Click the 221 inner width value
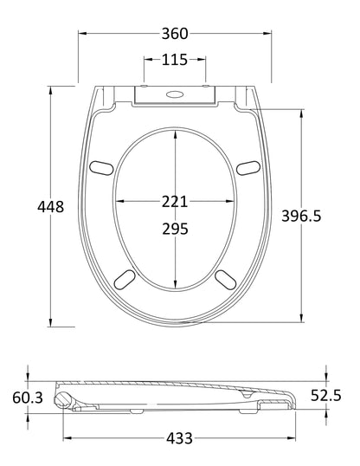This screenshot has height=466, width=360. pyautogui.click(x=176, y=202)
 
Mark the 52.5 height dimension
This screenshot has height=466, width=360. pyautogui.click(x=326, y=395)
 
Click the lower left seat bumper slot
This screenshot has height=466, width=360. pyautogui.click(x=125, y=276)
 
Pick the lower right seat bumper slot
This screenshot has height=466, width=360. pyautogui.click(x=227, y=276)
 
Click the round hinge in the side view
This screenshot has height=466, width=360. pyautogui.click(x=63, y=398)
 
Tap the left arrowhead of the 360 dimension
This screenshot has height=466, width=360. pyautogui.click(x=82, y=34)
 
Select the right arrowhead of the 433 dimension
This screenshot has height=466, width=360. pyautogui.click(x=292, y=438)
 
